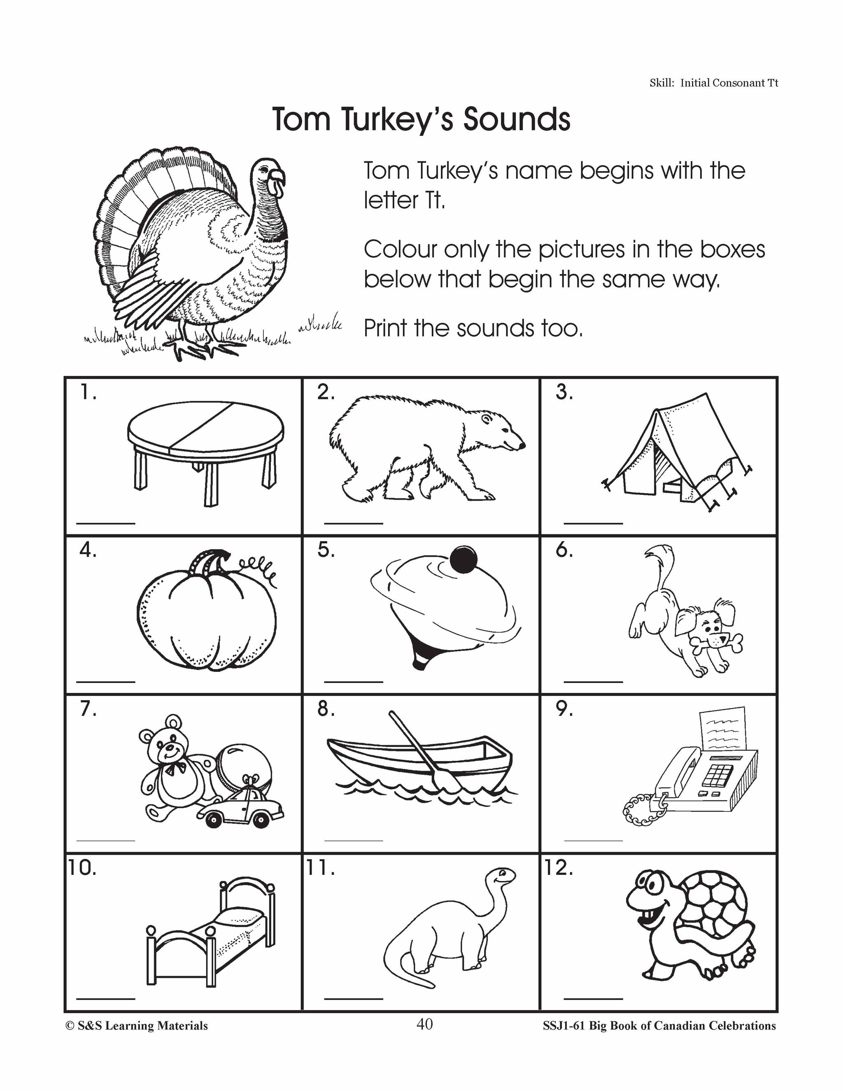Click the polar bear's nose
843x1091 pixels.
(x=522, y=444)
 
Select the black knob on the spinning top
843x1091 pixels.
(x=463, y=559)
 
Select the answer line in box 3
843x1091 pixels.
(x=593, y=523)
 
